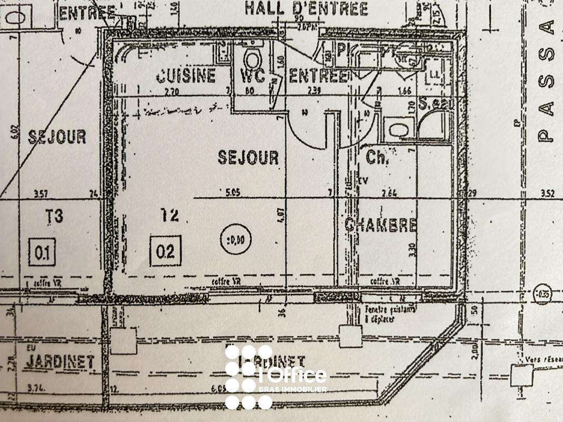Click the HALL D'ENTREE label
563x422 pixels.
coord(306,9)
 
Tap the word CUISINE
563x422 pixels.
coord(186,76)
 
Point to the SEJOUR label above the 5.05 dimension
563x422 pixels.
coord(248,157)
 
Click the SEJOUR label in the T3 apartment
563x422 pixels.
coord(57,137)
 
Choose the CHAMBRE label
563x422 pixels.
coord(380,225)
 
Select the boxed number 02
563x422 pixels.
coord(165,251)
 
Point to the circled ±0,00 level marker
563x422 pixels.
coord(235,240)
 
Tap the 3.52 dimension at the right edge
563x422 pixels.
coord(547,193)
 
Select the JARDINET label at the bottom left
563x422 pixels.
coord(60,362)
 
